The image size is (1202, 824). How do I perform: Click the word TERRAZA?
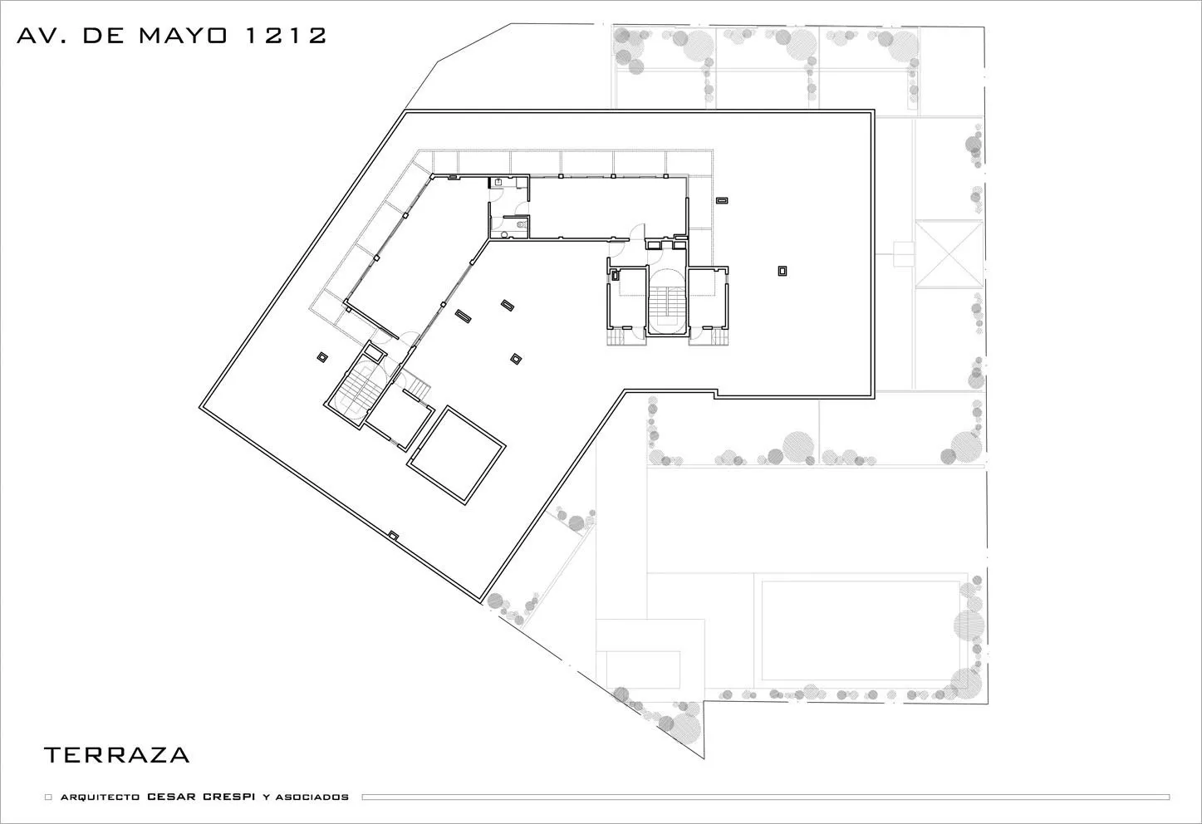click(x=116, y=755)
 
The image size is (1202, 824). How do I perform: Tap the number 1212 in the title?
click(x=286, y=36)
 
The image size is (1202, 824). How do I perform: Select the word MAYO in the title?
click(x=183, y=36)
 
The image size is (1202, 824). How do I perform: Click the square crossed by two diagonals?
click(x=948, y=254)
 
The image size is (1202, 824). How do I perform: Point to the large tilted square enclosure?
click(x=456, y=455)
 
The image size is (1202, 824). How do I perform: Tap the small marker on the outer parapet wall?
click(x=394, y=535)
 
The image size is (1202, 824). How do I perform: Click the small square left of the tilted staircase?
click(x=322, y=356)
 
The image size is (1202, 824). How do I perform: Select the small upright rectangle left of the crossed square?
click(x=903, y=254)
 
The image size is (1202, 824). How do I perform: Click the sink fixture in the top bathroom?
click(x=498, y=183)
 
